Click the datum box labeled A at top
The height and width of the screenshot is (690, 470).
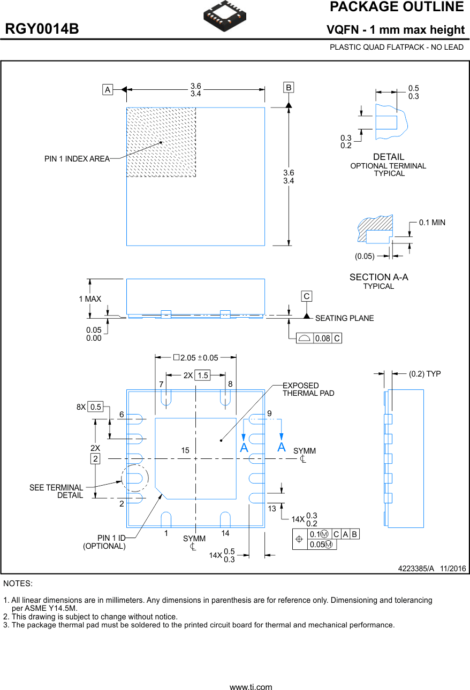tap(108, 90)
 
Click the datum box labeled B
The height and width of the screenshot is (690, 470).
tap(289, 87)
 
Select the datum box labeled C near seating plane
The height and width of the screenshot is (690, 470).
tap(306, 296)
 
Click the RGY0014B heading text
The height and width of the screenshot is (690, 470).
tap(42, 29)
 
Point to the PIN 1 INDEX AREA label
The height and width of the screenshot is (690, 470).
tap(77, 159)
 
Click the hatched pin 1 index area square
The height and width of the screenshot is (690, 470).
tap(161, 142)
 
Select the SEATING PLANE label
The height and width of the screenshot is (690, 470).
tap(344, 318)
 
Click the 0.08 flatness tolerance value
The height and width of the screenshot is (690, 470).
tap(322, 339)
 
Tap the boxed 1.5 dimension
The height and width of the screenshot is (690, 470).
tap(202, 375)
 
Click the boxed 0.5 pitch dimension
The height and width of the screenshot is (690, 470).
tap(95, 407)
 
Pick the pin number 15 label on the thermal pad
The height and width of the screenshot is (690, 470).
tap(185, 451)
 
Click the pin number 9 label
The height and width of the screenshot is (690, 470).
tap(269, 413)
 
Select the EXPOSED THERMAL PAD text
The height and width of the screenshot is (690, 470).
tap(308, 389)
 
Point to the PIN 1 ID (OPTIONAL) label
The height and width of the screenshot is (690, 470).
tap(104, 542)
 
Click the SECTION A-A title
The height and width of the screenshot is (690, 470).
tap(378, 277)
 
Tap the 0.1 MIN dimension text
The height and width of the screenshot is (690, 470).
tap(432, 223)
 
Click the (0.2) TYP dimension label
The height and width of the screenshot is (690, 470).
tap(424, 374)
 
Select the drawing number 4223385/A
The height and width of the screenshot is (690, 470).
tap(415, 569)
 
